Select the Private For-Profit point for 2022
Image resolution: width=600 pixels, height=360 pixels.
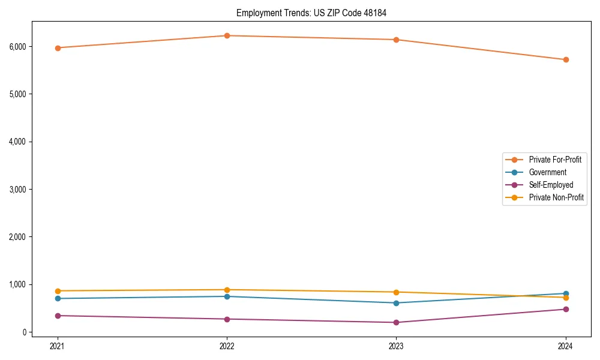227,35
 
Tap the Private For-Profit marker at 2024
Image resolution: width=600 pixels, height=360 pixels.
566,59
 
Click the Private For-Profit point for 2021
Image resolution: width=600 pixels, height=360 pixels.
58,48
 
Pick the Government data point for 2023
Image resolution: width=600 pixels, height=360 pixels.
397,303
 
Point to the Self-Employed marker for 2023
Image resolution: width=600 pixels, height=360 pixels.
397,322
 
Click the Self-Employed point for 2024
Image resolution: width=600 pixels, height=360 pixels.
566,309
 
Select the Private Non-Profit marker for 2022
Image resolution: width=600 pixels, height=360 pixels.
227,290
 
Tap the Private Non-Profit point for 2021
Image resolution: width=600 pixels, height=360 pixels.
58,291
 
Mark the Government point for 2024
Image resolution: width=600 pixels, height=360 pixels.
566,293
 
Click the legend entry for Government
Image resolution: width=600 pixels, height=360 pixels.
547,172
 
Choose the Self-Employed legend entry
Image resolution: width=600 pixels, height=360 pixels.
551,185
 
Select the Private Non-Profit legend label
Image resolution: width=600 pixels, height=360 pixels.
556,197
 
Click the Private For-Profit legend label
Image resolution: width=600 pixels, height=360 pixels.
555,160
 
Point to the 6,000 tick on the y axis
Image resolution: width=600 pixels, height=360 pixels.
17,46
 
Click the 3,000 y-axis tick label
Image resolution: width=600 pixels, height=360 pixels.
17,189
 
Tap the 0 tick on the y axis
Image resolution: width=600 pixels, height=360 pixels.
24,332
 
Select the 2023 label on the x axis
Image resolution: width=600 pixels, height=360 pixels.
397,346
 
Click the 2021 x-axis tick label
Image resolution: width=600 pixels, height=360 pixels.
58,346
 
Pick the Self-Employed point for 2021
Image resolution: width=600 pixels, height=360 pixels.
58,316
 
